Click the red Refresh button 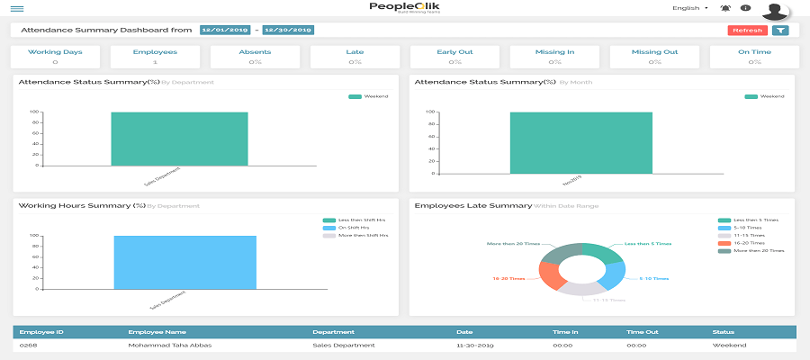[748, 31]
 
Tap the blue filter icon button [780, 31]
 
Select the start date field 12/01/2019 [225, 31]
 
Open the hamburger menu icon [17, 8]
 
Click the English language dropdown [690, 8]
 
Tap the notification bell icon [725, 8]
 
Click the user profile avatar [775, 10]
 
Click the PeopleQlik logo [405, 7]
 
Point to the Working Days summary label [56, 52]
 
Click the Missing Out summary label [654, 52]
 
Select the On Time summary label [754, 52]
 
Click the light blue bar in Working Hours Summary [184, 262]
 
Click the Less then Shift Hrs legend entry [355, 220]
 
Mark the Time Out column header [642, 332]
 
